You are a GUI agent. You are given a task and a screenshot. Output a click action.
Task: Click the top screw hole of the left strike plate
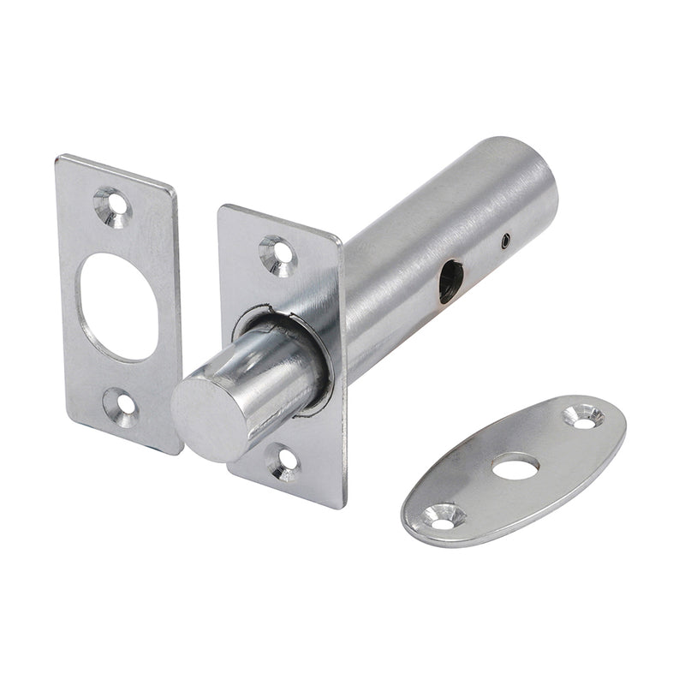[x=113, y=206]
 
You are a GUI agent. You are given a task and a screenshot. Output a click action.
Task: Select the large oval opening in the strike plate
[x=121, y=306]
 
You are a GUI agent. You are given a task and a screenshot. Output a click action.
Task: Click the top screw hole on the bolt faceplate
[x=277, y=252]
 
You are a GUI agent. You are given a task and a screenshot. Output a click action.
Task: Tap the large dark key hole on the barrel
[x=450, y=282]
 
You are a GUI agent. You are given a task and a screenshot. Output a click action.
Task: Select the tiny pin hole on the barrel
[x=507, y=241]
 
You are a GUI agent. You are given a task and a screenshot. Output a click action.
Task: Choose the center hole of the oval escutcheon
[x=515, y=467]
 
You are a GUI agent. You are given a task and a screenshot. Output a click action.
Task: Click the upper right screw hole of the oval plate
[x=584, y=417]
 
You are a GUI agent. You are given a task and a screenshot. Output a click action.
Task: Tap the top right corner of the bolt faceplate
[x=339, y=240]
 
